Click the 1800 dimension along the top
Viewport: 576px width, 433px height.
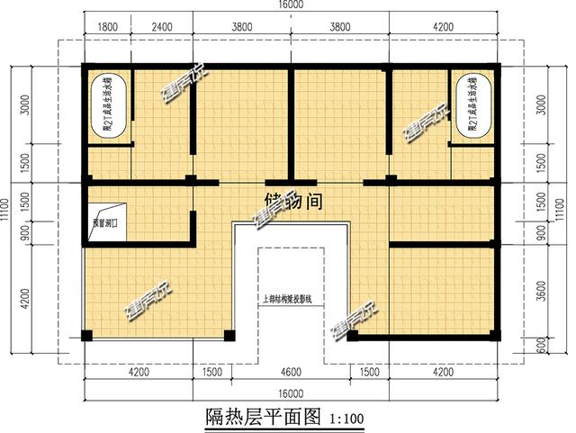tap(107, 26)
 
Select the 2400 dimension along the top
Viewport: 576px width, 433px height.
tap(162, 26)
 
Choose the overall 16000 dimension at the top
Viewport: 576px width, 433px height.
tap(291, 5)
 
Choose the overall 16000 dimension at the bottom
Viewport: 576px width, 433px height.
tap(290, 393)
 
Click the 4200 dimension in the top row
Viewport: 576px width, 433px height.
tap(444, 26)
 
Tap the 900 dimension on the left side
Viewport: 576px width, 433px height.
tap(26, 233)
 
